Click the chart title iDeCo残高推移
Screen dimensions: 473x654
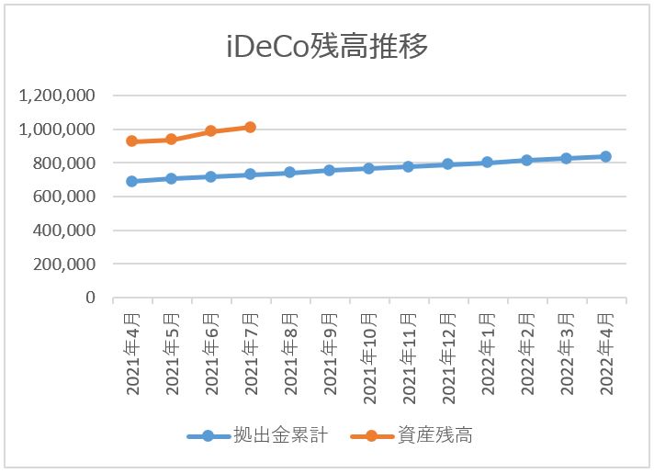(x=327, y=46)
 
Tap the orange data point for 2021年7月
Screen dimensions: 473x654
(x=250, y=127)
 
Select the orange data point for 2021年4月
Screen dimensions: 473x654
(x=132, y=141)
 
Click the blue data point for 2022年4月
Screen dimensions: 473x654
(x=605, y=156)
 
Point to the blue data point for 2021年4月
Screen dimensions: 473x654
(x=132, y=181)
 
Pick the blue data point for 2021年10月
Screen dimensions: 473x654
(x=368, y=168)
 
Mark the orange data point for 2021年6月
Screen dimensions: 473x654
(x=210, y=131)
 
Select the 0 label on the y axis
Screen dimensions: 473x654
(x=90, y=298)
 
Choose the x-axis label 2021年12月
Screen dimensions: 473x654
(x=448, y=350)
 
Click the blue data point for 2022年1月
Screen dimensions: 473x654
(x=487, y=163)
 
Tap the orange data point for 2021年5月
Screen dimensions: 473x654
(x=171, y=140)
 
